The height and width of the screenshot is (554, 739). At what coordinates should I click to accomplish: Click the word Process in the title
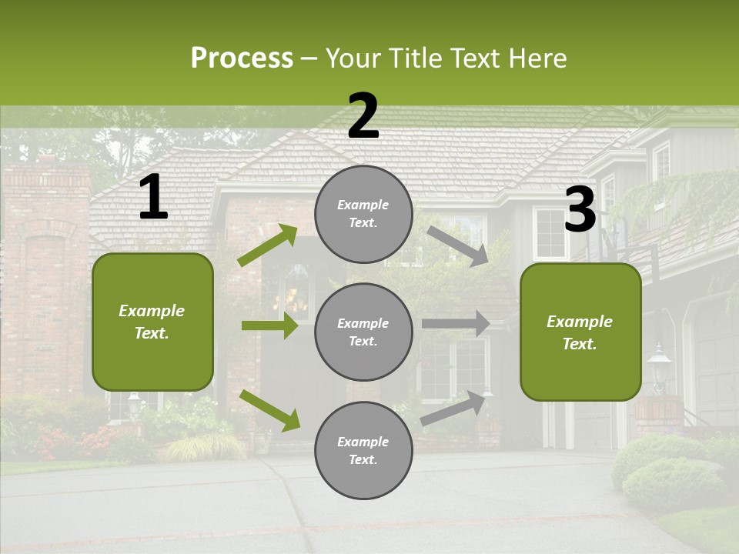click(242, 58)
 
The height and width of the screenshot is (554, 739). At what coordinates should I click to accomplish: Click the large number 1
click(153, 198)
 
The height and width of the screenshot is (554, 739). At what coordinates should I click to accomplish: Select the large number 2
click(363, 116)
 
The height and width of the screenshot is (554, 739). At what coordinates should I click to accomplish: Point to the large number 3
click(580, 209)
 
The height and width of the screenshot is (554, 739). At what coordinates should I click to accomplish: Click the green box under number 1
click(152, 322)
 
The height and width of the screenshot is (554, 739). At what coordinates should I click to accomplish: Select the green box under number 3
click(580, 332)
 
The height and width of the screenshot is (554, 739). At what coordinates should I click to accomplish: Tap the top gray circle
click(363, 214)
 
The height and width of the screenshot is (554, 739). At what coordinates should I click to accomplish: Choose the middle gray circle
click(363, 332)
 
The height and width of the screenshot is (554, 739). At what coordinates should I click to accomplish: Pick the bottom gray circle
click(363, 450)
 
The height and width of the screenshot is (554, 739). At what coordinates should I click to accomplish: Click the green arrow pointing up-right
click(268, 245)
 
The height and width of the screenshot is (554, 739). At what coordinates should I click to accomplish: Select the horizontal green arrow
click(269, 325)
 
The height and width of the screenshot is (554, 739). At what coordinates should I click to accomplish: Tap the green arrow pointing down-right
click(269, 409)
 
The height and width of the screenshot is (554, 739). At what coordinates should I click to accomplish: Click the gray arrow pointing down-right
click(458, 245)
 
